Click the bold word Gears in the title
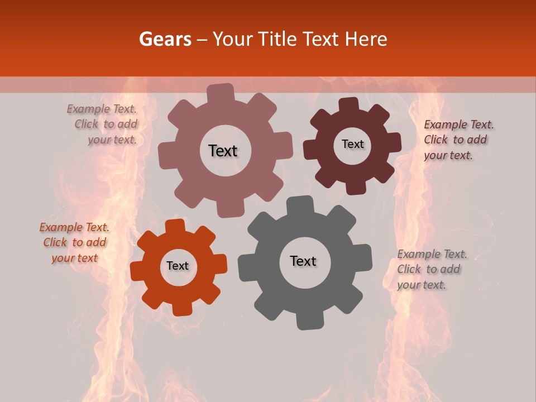click(x=165, y=39)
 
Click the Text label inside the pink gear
click(x=223, y=151)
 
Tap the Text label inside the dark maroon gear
click(x=352, y=144)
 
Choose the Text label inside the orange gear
click(x=178, y=266)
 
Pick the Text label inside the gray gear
click(x=303, y=261)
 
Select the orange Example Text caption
click(x=74, y=242)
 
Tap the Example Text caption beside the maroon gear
click(x=458, y=140)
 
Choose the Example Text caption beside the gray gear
click(x=432, y=269)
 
